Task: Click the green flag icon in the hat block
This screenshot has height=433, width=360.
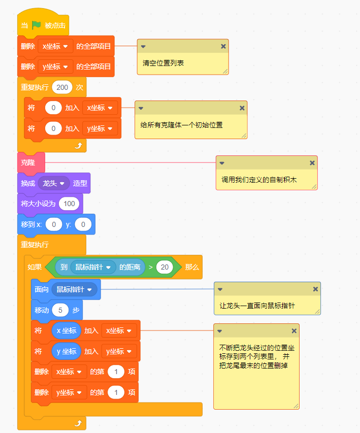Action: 36,25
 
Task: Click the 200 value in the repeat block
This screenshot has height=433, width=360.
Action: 62,87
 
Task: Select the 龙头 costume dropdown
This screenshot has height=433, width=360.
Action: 54,183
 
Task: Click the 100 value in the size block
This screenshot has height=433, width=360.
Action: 69,204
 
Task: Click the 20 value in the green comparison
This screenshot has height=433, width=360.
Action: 165,267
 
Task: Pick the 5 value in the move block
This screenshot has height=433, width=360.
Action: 60,310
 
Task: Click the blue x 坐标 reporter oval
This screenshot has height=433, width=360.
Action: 66,330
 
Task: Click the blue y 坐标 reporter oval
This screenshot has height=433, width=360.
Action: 66,351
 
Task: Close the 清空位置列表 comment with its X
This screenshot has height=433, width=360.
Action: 223,46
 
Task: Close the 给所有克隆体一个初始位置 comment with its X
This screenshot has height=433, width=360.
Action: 242,108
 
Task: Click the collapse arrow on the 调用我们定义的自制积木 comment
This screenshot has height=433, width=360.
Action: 222,163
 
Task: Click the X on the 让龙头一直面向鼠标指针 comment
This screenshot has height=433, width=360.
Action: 315,289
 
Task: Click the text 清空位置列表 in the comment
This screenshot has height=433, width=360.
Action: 163,63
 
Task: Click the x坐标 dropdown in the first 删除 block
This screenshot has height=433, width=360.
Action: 55,46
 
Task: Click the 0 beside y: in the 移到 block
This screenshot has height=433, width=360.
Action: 83,224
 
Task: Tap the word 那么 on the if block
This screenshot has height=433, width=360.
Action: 192,267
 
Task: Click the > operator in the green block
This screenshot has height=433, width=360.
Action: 150,267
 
